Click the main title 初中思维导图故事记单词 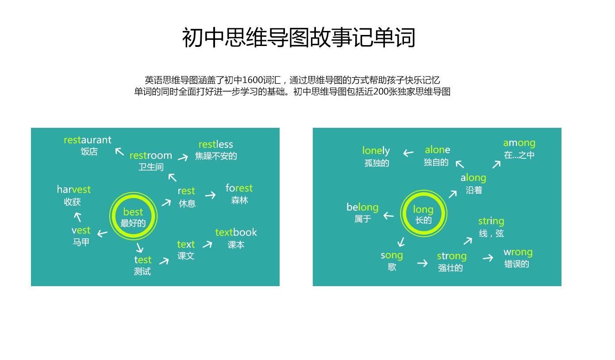point(299,38)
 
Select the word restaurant point(88,140)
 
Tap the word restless point(215,145)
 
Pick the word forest point(239,188)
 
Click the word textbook point(236,233)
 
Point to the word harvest point(73,190)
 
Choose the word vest point(81,230)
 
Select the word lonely point(376,151)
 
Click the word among point(519,143)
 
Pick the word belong point(362,207)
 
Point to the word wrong point(518,252)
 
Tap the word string point(491,221)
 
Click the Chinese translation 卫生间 point(151,167)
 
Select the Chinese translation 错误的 point(517,264)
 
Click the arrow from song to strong point(423,263)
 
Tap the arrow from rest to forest point(210,195)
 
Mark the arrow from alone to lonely point(408,153)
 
